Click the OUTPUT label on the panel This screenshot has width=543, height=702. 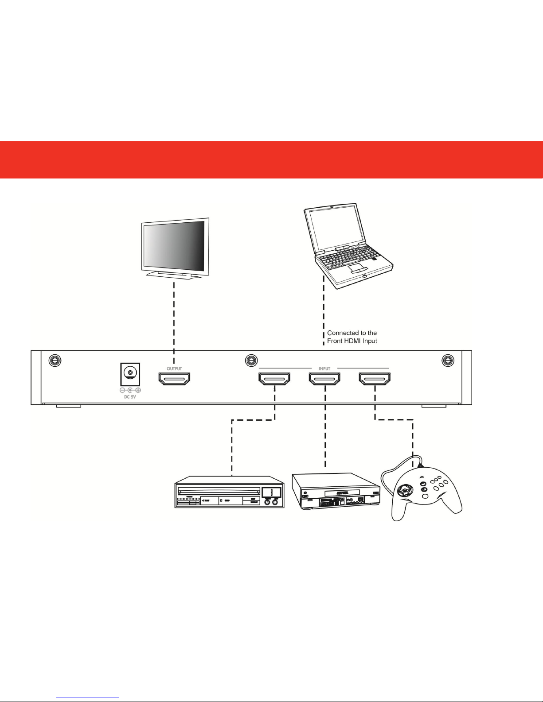[x=174, y=368]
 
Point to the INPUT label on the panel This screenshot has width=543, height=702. [x=324, y=368]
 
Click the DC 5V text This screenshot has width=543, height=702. [x=130, y=397]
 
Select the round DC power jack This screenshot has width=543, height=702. [x=130, y=373]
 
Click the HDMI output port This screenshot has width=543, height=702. [x=174, y=379]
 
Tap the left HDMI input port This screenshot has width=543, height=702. [x=274, y=379]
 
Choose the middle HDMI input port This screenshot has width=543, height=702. [x=324, y=379]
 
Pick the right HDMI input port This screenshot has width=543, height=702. [x=375, y=379]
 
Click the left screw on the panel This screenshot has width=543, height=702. [x=55, y=361]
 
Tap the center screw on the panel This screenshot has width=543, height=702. [x=251, y=361]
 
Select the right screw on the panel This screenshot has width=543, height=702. [x=448, y=361]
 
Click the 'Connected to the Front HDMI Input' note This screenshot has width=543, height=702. [x=352, y=337]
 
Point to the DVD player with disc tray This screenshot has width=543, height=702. [x=230, y=492]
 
